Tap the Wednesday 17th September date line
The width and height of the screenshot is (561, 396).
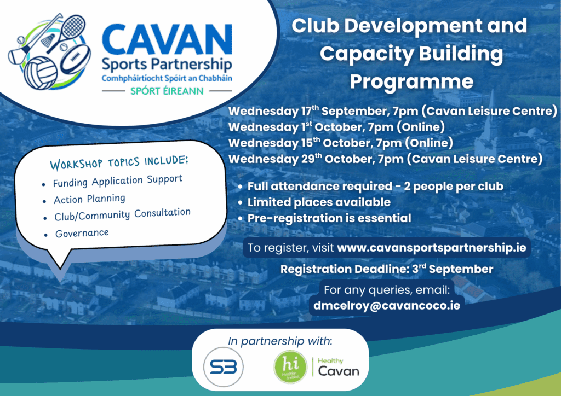pyautogui.click(x=392, y=112)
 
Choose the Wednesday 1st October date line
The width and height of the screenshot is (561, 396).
pyautogui.click(x=336, y=127)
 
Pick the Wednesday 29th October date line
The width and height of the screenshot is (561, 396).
pyautogui.click(x=385, y=159)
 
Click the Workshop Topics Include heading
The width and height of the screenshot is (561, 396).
pyautogui.click(x=120, y=162)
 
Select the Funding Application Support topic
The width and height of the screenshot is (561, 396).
pyautogui.click(x=118, y=181)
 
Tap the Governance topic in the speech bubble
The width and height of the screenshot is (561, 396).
pyautogui.click(x=82, y=234)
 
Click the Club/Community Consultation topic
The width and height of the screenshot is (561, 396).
pyautogui.click(x=122, y=215)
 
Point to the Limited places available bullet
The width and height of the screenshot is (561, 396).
pyautogui.click(x=319, y=202)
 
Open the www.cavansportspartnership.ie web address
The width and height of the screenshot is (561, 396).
pyautogui.click(x=432, y=248)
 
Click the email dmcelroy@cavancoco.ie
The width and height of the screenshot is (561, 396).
pyautogui.click(x=386, y=306)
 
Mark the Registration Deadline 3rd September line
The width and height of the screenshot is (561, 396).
pyautogui.click(x=386, y=269)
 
